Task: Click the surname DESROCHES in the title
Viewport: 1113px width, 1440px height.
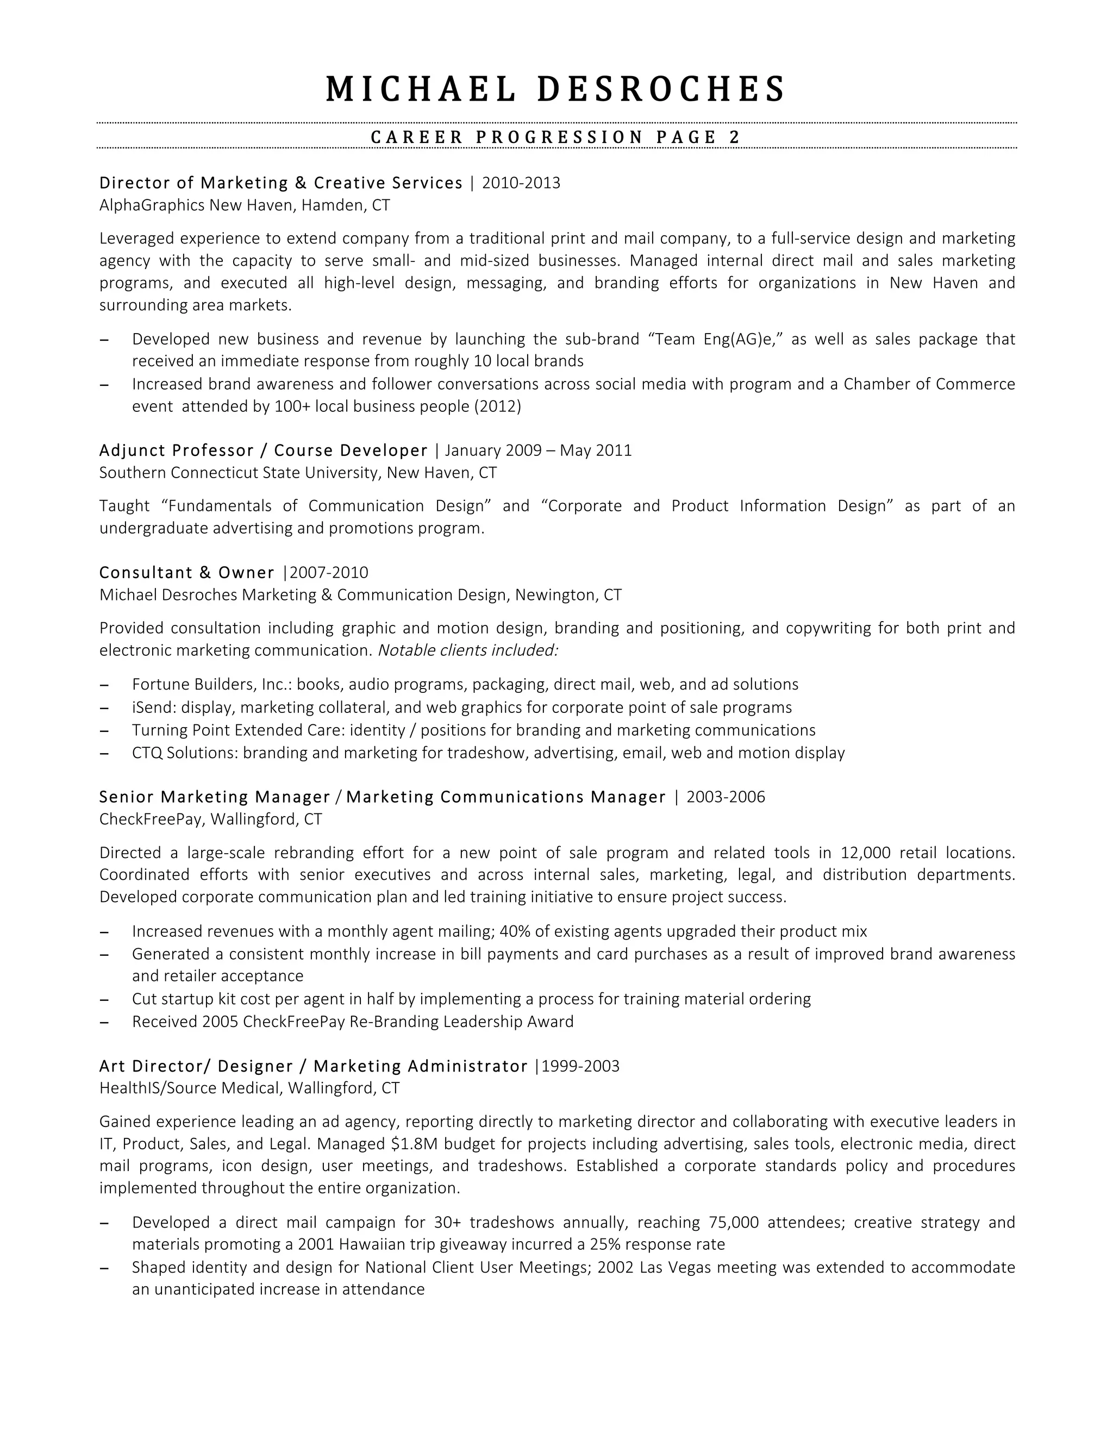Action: tap(661, 89)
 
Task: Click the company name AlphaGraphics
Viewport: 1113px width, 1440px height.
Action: tap(152, 205)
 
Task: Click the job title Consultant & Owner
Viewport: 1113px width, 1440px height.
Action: tap(186, 572)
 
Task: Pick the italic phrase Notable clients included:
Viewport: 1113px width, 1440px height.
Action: tap(468, 650)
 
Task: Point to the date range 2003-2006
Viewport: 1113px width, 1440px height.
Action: tap(726, 797)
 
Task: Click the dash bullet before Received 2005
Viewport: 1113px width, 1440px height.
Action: tap(104, 1022)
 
